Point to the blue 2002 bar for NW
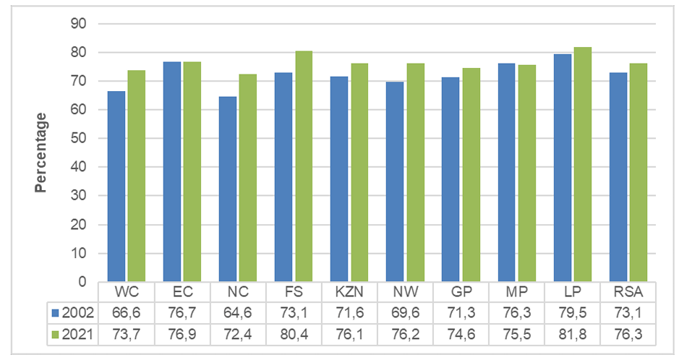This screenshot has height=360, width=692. (x=395, y=182)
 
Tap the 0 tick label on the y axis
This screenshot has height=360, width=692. (x=82, y=281)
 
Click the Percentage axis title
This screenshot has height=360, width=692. (x=40, y=153)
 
